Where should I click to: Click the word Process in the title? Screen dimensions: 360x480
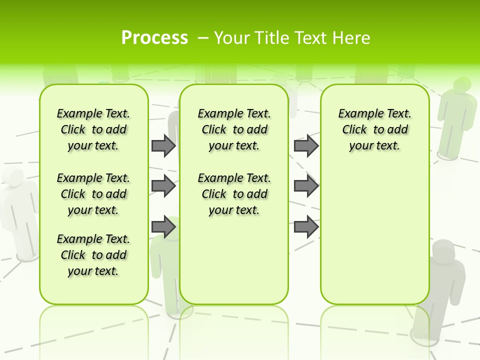coord(154,38)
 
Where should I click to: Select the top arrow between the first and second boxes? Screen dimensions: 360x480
coord(163,145)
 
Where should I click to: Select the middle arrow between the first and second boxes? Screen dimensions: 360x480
coord(163,186)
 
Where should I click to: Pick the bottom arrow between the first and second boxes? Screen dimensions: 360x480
coord(163,227)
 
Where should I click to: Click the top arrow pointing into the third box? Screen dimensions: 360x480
coord(306,145)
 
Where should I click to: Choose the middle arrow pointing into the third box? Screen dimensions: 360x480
coord(306,186)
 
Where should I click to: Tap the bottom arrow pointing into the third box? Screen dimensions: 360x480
coord(306,227)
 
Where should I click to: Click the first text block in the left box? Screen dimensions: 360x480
coord(93,129)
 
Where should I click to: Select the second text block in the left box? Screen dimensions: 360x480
coord(93,194)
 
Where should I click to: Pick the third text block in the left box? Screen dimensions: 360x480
coord(93,255)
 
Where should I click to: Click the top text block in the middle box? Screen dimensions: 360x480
coord(234,129)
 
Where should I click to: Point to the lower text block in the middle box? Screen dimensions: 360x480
coord(234,194)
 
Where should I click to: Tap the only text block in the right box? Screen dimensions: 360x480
coord(374,129)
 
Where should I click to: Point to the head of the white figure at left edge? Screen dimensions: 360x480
coord(13,177)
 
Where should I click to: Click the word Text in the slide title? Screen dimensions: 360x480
coord(313,38)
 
